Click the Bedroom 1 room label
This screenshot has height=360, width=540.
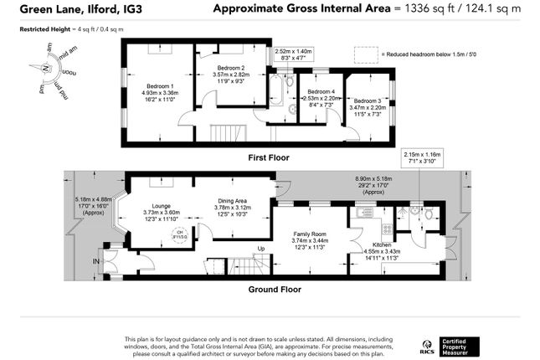[x=160, y=86]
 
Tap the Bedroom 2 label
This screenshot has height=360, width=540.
[x=229, y=68]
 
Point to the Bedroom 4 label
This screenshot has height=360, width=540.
[x=321, y=91]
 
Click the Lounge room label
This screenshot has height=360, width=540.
[x=161, y=205]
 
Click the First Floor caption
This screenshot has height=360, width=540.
[x=269, y=157]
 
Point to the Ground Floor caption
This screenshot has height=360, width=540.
[x=274, y=290]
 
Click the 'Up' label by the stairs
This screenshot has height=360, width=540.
[x=261, y=249]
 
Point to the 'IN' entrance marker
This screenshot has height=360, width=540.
[x=95, y=262]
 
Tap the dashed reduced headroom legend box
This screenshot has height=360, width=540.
[x=365, y=54]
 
